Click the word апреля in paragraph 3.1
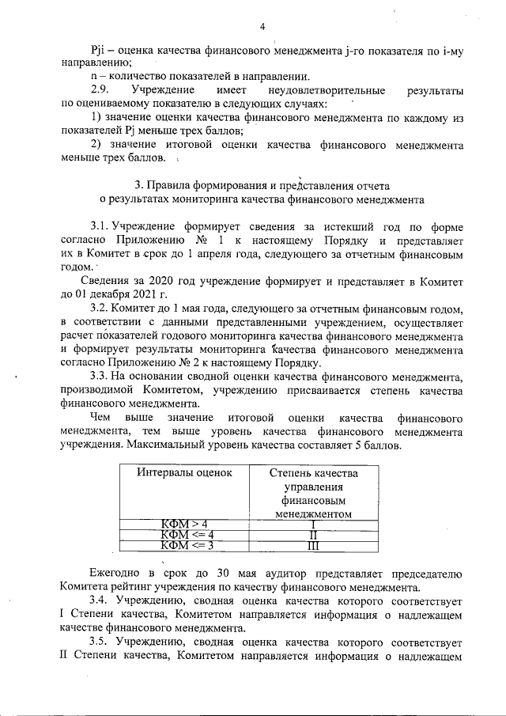tap(210, 254)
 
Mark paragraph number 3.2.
tap(100, 309)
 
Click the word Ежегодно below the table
tap(117, 574)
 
